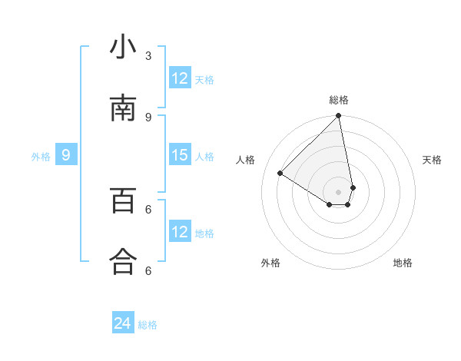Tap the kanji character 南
coord(123,109)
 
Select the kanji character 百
coord(123,200)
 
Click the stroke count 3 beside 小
coord(148,55)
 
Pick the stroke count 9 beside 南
coord(148,117)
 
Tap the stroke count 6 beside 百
coord(148,208)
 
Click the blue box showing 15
coord(180,155)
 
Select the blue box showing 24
coord(123,323)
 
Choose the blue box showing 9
coord(66,155)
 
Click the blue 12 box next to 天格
coord(180,78)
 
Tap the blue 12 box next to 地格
coord(180,232)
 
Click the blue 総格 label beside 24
coord(148,325)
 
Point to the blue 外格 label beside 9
coord(41,157)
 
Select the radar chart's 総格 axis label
coord(339,100)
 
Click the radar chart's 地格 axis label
coord(403,263)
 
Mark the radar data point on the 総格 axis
coord(339,116)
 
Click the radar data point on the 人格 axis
coord(280,174)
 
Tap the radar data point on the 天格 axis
coord(353,187)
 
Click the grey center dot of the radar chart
coord(339,192)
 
